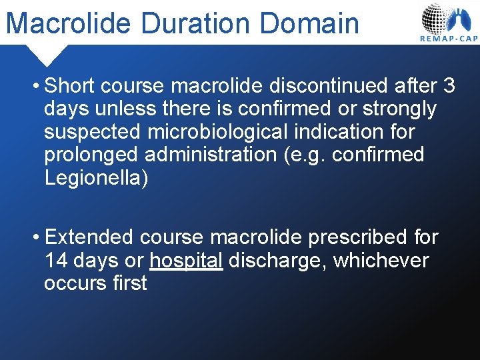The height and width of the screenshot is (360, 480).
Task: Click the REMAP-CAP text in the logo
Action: point(449,39)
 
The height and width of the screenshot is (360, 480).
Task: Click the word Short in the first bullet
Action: point(71,86)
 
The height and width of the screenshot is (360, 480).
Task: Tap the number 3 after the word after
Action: point(449,86)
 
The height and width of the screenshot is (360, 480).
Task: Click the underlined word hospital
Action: point(186,260)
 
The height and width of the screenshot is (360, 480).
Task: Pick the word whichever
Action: point(381,260)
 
